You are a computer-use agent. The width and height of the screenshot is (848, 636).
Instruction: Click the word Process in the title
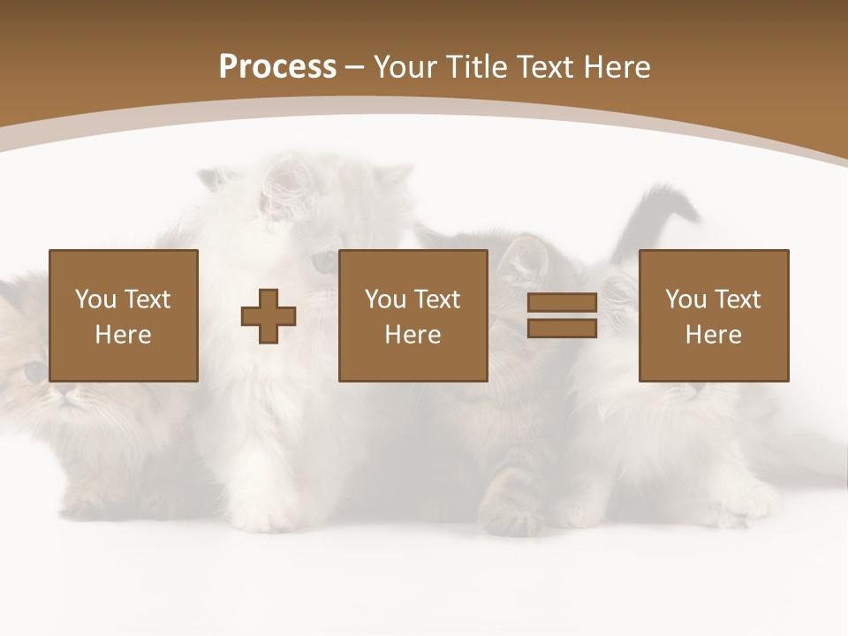277,67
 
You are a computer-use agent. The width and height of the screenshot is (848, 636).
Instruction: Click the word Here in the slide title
616,67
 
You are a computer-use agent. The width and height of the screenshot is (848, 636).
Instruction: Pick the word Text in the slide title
543,67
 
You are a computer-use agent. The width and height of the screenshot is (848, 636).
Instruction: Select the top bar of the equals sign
562,303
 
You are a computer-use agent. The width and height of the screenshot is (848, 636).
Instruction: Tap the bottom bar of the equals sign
562,329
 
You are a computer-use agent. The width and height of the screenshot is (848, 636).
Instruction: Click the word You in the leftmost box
95,299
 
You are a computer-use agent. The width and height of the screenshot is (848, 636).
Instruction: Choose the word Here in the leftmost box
123,335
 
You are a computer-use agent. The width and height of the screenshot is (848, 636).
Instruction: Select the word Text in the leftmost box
147,299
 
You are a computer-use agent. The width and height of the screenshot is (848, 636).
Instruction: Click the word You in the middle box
385,299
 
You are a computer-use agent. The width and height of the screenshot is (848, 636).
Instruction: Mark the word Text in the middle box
436,299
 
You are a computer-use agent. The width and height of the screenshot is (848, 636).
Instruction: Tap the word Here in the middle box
413,335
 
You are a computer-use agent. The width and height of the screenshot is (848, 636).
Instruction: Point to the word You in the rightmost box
685,299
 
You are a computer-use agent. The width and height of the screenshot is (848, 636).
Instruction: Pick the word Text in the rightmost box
737,299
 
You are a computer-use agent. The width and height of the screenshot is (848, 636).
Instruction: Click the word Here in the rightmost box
713,335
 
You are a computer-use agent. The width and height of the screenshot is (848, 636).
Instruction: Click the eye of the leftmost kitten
34,371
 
